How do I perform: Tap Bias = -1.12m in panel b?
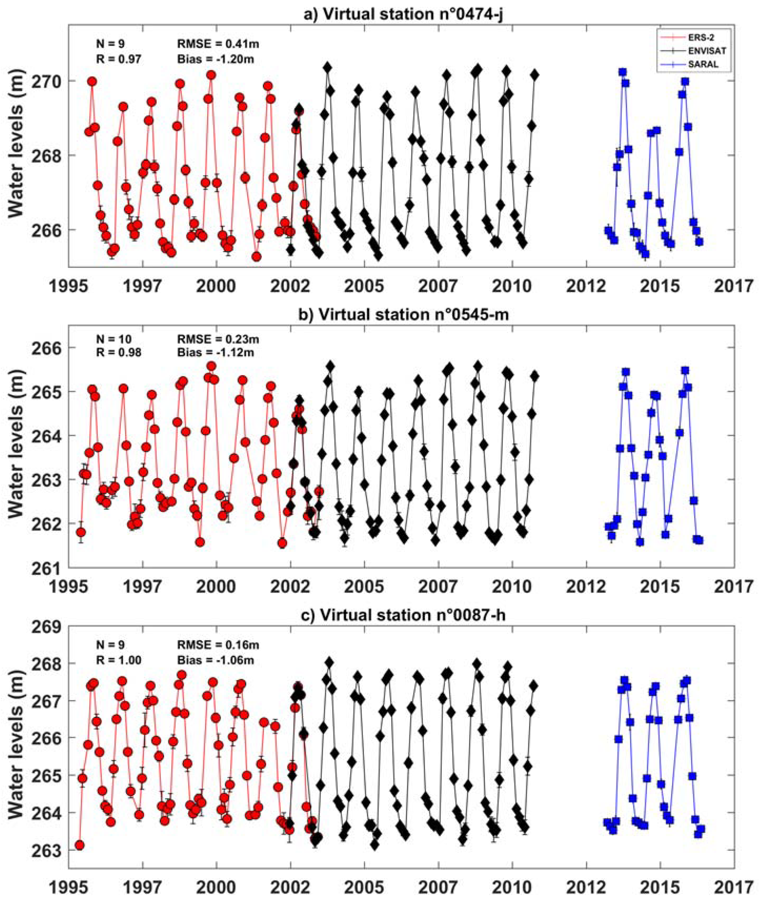pyautogui.click(x=215, y=353)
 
